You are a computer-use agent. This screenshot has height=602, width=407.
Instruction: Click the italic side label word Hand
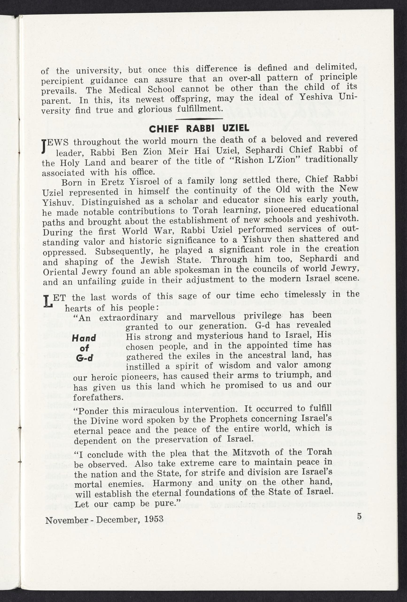point(84,338)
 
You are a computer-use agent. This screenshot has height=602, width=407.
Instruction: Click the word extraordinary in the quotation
point(128,317)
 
